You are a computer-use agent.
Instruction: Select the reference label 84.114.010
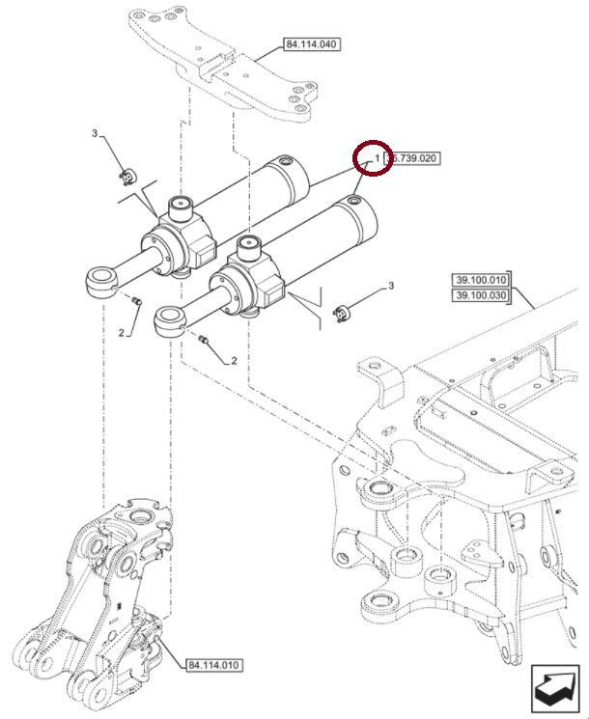click(213, 665)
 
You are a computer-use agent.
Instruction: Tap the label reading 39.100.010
click(480, 281)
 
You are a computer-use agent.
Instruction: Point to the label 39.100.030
click(480, 295)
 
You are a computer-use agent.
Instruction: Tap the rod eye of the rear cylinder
click(100, 281)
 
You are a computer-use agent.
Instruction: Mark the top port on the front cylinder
click(250, 246)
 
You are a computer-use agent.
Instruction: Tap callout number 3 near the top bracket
click(95, 133)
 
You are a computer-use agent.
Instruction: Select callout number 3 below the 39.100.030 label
click(391, 286)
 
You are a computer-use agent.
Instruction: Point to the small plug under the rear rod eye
click(137, 303)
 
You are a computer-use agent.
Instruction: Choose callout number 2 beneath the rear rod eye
click(123, 333)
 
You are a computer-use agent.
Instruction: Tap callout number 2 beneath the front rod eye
click(234, 361)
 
